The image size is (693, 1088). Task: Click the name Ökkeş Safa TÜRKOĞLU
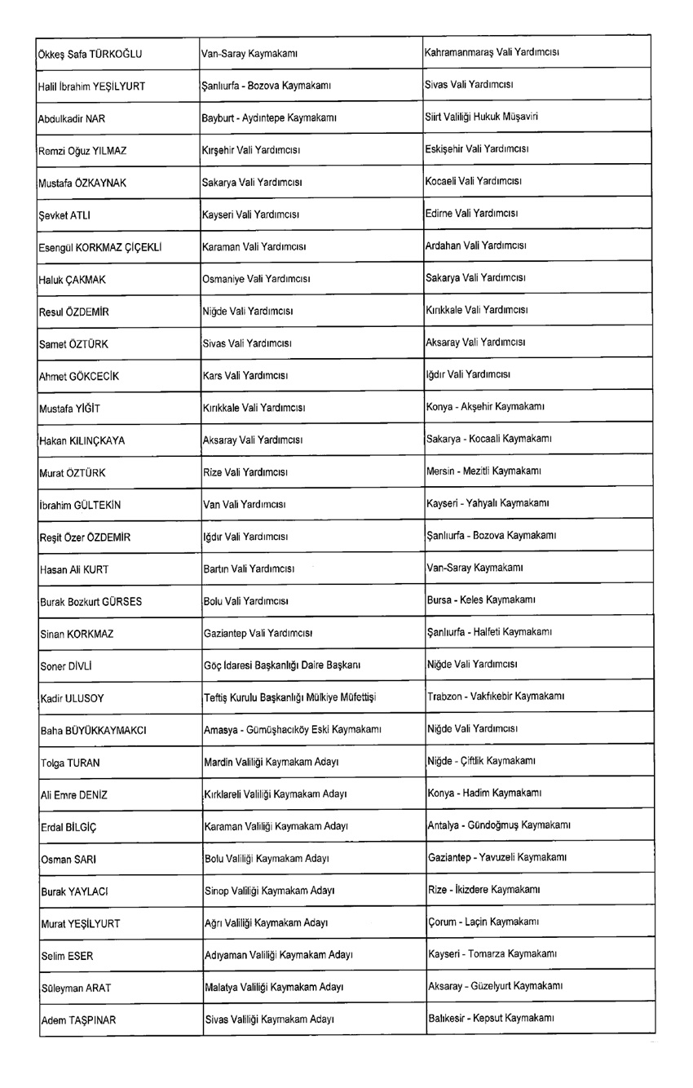[90, 55]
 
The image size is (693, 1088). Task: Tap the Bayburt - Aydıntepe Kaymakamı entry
[269, 118]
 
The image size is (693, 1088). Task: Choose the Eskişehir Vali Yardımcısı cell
[478, 150]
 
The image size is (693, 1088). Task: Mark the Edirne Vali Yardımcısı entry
[472, 214]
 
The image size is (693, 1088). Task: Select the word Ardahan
[444, 245]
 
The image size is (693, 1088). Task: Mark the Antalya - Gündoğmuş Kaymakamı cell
[499, 825]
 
